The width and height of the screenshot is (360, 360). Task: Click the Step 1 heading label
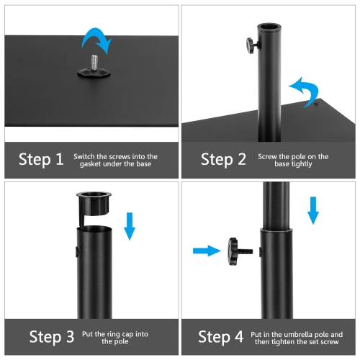tap(41, 159)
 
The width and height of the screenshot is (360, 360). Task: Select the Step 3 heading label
tap(51, 336)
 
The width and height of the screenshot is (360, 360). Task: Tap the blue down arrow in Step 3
tap(130, 224)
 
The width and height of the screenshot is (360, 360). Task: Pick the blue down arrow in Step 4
tap(312, 208)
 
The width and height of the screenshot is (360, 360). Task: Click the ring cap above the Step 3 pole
tap(95, 202)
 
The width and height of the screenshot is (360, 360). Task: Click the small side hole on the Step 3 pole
tap(76, 252)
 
